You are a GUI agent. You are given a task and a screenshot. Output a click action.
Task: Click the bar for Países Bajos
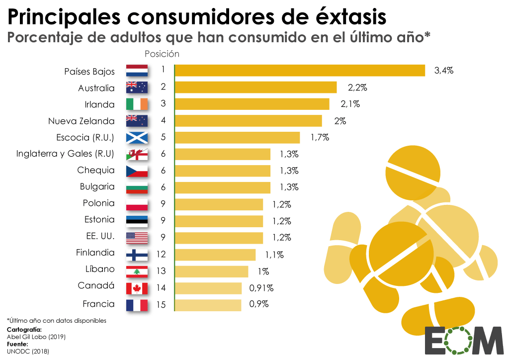[x=300, y=71]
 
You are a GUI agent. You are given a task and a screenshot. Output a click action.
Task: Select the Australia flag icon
[x=137, y=88]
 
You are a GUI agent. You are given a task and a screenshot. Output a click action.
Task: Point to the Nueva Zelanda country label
[x=81, y=121]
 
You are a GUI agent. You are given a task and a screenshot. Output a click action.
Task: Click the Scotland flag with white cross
[x=137, y=137]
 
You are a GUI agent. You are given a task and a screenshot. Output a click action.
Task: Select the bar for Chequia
[x=223, y=171]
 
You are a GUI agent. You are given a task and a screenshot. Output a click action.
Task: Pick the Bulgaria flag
[x=137, y=187]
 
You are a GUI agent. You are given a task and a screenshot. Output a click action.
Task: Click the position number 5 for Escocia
[x=163, y=137]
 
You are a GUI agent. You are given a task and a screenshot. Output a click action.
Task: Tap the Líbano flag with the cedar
[x=137, y=271]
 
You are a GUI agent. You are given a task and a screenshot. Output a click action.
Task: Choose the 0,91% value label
[x=261, y=287]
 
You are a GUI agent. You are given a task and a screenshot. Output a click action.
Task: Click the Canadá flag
[x=137, y=288]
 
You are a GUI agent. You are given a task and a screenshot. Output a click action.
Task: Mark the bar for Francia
[x=208, y=304]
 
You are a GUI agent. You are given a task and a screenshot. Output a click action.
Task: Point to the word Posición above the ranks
[x=162, y=54]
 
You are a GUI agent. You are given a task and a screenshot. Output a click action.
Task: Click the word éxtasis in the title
[x=351, y=16]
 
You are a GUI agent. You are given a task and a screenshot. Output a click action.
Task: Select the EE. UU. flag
[x=137, y=238]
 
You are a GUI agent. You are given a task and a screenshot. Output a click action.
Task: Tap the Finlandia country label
[x=95, y=253]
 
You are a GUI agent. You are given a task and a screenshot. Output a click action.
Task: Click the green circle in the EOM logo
[x=459, y=341]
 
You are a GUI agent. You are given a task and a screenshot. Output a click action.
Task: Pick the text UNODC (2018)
[x=28, y=351]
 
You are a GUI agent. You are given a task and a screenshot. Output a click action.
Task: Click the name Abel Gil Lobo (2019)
[x=36, y=337]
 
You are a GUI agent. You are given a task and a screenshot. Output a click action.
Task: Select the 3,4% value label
[x=444, y=71]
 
